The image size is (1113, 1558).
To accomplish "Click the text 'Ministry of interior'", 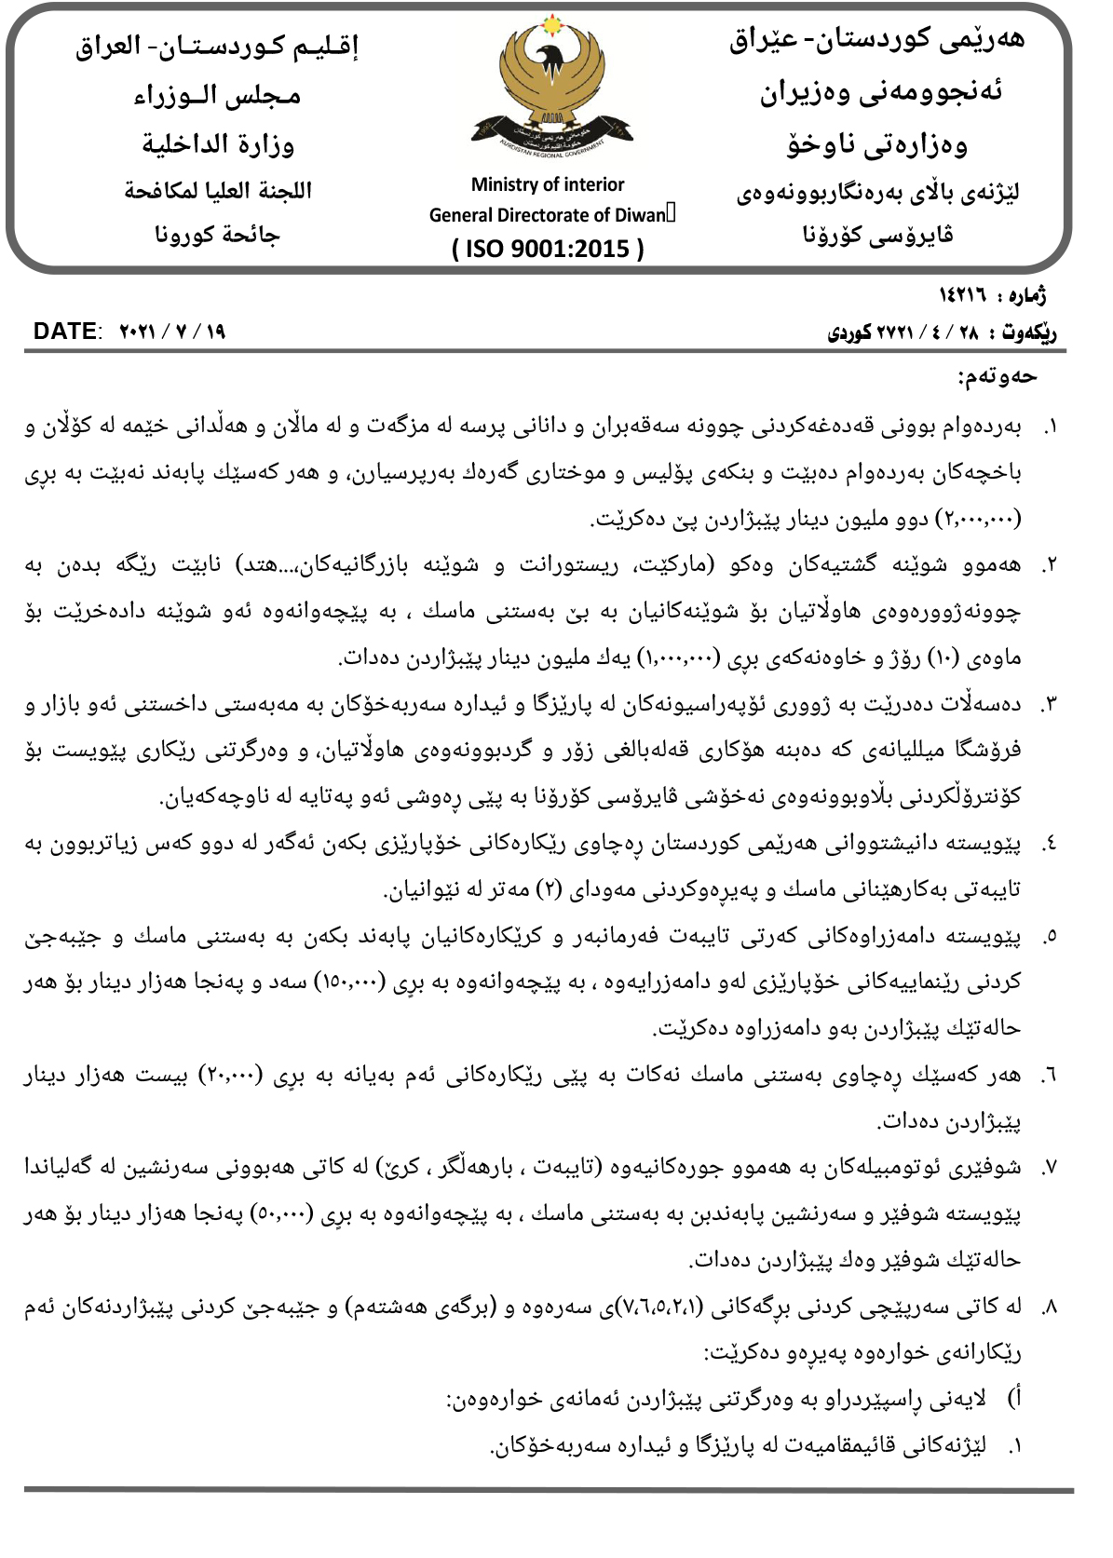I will [548, 184].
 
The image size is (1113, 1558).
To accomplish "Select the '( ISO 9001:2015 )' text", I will [548, 249].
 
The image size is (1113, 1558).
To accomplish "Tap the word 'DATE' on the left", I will [65, 332].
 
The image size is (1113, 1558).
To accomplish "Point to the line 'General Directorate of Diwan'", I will [548, 215].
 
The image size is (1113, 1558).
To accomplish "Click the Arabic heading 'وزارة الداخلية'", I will [218, 144].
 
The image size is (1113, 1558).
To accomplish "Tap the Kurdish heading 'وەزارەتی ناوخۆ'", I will [876, 144].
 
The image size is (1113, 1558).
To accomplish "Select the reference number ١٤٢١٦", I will [962, 295].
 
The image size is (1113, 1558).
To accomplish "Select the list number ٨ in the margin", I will [1049, 1307].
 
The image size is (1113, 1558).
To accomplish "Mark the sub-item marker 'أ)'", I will [1015, 1399].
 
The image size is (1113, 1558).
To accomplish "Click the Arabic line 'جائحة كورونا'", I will [217, 235].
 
